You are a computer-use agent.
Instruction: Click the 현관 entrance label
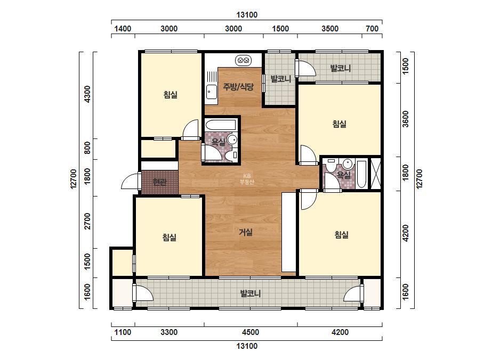[160, 182]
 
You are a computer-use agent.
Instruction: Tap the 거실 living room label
[246, 232]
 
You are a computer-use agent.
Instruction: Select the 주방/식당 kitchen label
[238, 87]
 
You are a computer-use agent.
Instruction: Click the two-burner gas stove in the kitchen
[243, 60]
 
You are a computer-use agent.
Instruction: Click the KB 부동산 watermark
[247, 179]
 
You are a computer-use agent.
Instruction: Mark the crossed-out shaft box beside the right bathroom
[376, 174]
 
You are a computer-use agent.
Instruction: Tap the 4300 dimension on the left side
[87, 94]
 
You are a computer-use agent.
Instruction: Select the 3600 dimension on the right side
[406, 119]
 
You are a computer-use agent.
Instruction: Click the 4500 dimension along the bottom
[251, 332]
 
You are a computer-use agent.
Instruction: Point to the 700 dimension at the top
[372, 29]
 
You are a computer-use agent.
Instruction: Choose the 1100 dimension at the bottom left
[123, 332]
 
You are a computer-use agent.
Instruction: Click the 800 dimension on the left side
[87, 148]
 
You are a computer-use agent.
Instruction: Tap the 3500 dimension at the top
[330, 29]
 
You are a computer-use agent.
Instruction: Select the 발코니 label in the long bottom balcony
[251, 294]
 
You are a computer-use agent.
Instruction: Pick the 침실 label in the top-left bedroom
[171, 94]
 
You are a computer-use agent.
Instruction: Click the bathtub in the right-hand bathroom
[362, 174]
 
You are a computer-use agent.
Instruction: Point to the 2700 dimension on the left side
[87, 221]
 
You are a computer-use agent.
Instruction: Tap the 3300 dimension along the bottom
[169, 332]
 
